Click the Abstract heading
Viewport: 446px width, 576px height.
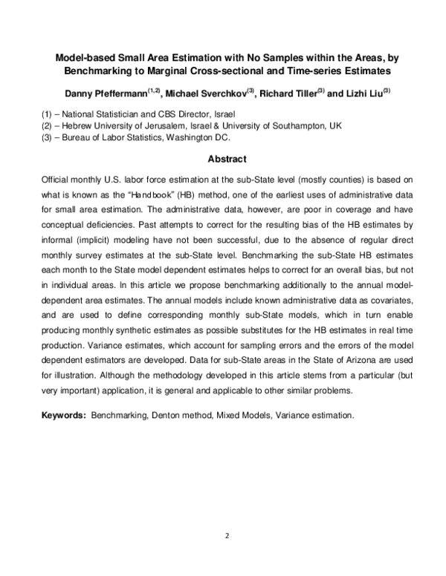pyautogui.click(x=227, y=159)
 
